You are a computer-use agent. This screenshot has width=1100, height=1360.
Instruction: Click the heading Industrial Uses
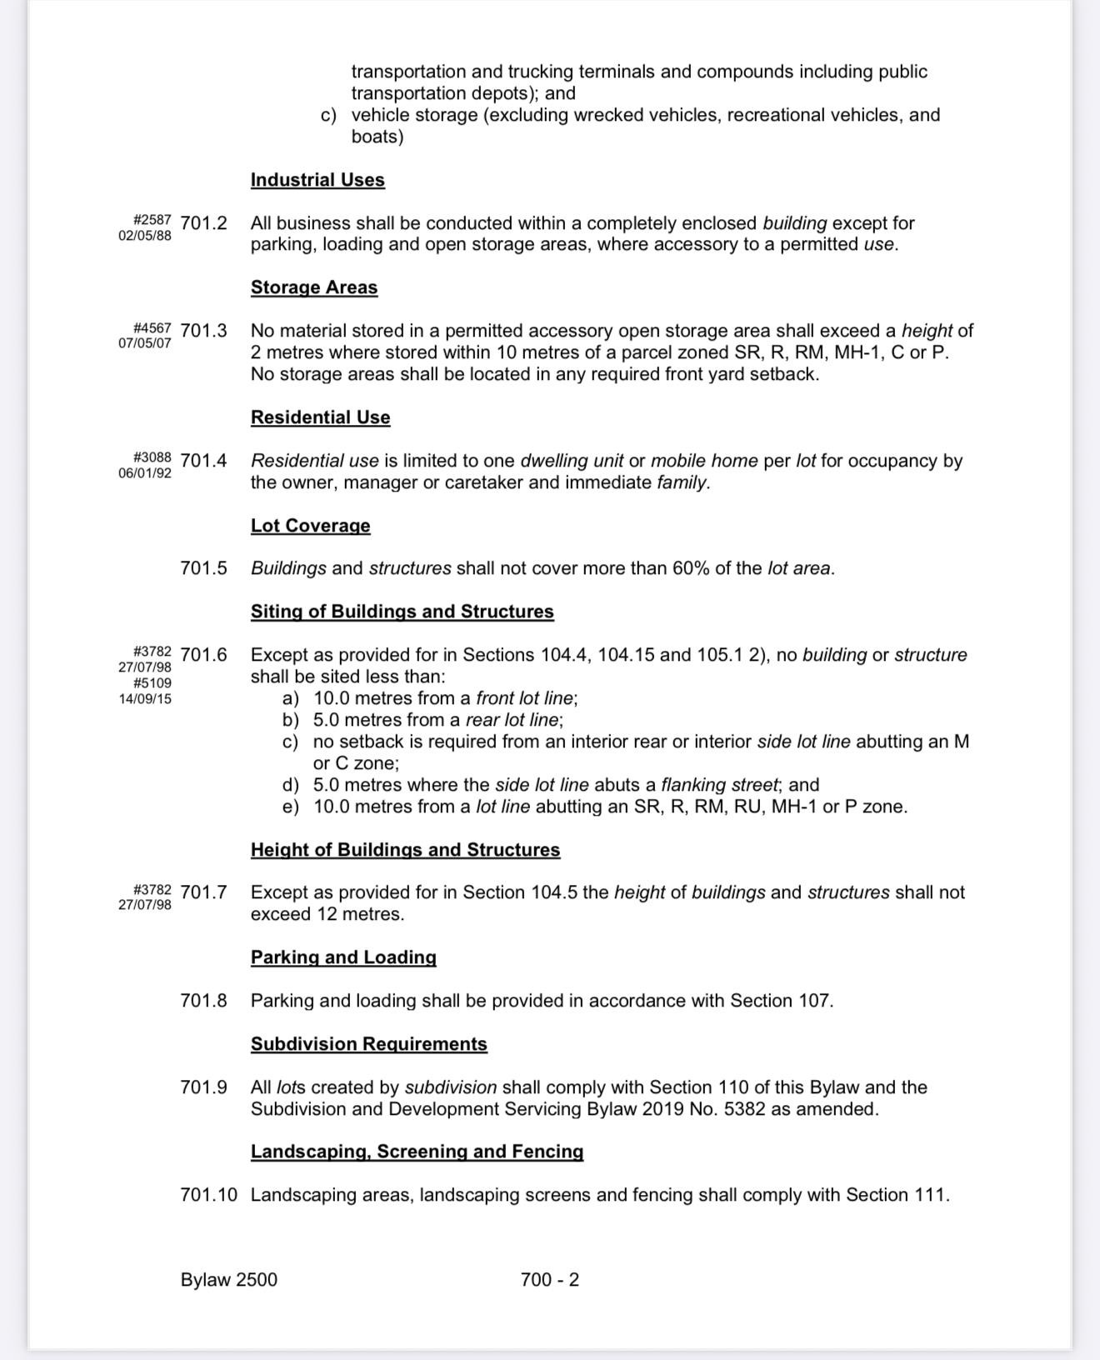[317, 180]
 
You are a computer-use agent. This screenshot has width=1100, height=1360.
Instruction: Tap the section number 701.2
[203, 223]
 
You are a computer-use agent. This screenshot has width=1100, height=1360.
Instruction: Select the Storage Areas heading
[314, 287]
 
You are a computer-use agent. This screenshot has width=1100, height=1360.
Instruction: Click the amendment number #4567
[152, 328]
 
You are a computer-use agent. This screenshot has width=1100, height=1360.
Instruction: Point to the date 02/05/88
[145, 235]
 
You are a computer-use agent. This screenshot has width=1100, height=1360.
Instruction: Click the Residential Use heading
[320, 417]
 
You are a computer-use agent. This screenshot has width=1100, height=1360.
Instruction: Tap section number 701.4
[203, 461]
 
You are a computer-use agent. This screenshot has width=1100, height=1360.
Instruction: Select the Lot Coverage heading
[310, 526]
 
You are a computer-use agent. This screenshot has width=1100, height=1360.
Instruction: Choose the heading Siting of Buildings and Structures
[402, 612]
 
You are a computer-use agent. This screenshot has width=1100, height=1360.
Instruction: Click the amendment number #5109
[152, 683]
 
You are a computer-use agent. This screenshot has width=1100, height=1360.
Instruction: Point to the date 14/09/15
[145, 699]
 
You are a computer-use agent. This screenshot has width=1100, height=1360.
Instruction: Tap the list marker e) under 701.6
[291, 807]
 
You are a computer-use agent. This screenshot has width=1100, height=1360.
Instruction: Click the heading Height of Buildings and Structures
[405, 850]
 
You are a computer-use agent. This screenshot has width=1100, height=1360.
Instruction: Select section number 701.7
[203, 892]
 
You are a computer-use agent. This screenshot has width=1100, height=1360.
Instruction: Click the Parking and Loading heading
[343, 957]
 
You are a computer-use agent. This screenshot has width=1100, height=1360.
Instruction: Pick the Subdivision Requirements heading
[368, 1044]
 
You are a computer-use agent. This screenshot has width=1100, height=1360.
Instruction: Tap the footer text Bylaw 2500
[229, 1280]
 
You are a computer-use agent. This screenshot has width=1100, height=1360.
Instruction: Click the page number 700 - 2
[549, 1280]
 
